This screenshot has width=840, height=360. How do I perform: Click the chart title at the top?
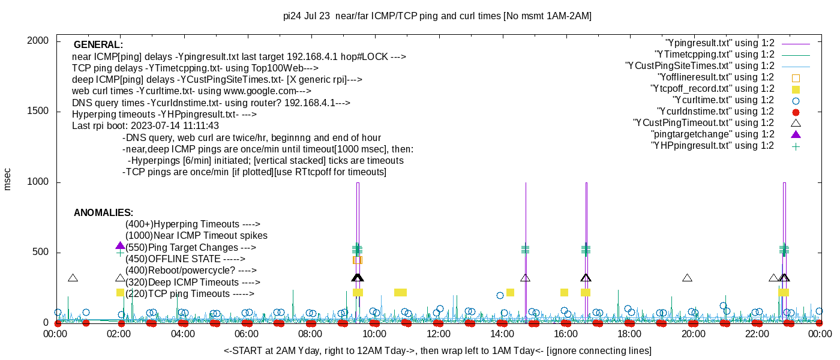437,16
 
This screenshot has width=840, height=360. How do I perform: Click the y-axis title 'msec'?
8,179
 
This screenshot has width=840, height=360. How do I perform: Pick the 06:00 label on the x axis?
247,334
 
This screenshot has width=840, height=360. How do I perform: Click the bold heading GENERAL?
98,45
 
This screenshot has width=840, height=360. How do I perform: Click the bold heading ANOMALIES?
103,213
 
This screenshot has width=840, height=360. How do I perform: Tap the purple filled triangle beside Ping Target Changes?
120,246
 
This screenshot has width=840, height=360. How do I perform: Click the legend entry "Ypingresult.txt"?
720,43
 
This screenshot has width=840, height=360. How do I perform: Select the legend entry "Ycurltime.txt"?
723,100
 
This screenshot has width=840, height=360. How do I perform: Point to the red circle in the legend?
796,112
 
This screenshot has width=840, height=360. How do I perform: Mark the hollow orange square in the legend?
796,77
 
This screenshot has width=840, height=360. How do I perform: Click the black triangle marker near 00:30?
73,278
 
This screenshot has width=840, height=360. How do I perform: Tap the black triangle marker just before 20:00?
687,278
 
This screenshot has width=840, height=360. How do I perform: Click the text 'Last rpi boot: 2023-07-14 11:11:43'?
145,126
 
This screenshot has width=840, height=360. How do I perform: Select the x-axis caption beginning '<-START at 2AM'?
437,350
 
